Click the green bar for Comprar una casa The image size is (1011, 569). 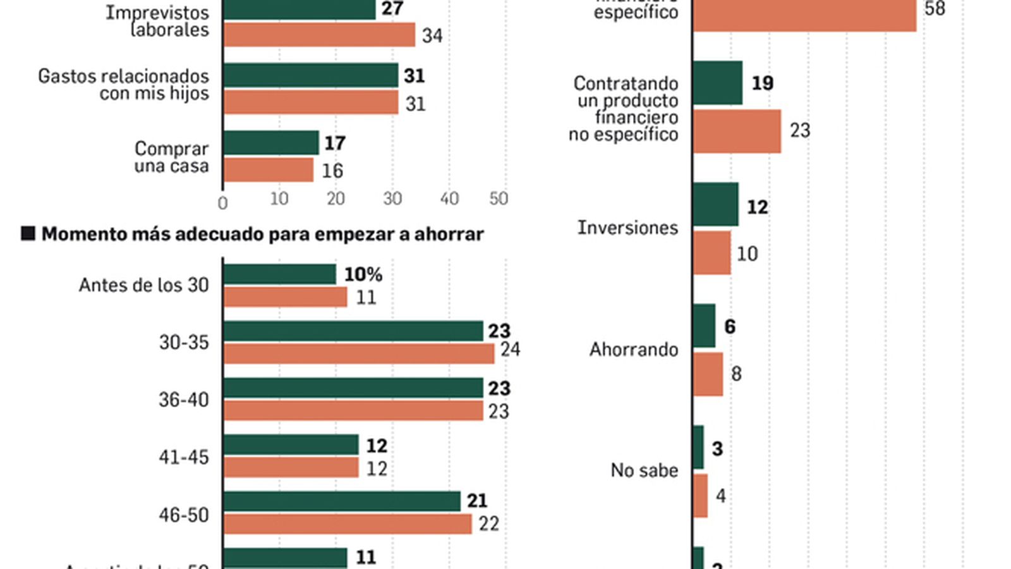point(270,143)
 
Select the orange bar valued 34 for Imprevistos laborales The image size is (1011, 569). point(318,35)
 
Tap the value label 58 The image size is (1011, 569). point(935,9)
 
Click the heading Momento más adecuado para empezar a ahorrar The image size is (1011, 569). point(262,235)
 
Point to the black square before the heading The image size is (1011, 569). point(28,234)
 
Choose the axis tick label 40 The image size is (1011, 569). point(449,199)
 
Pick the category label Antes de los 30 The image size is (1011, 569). point(143,285)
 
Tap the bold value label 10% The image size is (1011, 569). point(363,274)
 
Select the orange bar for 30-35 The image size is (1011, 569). point(358,353)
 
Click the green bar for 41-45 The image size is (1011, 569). point(290,444)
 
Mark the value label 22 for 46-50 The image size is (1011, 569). point(488,524)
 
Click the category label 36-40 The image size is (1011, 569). point(183,400)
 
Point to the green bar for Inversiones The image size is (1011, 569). point(715,204)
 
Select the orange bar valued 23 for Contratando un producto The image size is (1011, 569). point(737,132)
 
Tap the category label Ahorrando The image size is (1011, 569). point(633,350)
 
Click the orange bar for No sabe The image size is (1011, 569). point(700,496)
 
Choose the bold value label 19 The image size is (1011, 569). point(762,83)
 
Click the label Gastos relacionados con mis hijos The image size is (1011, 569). point(123,85)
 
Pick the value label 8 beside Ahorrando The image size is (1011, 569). point(736,374)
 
